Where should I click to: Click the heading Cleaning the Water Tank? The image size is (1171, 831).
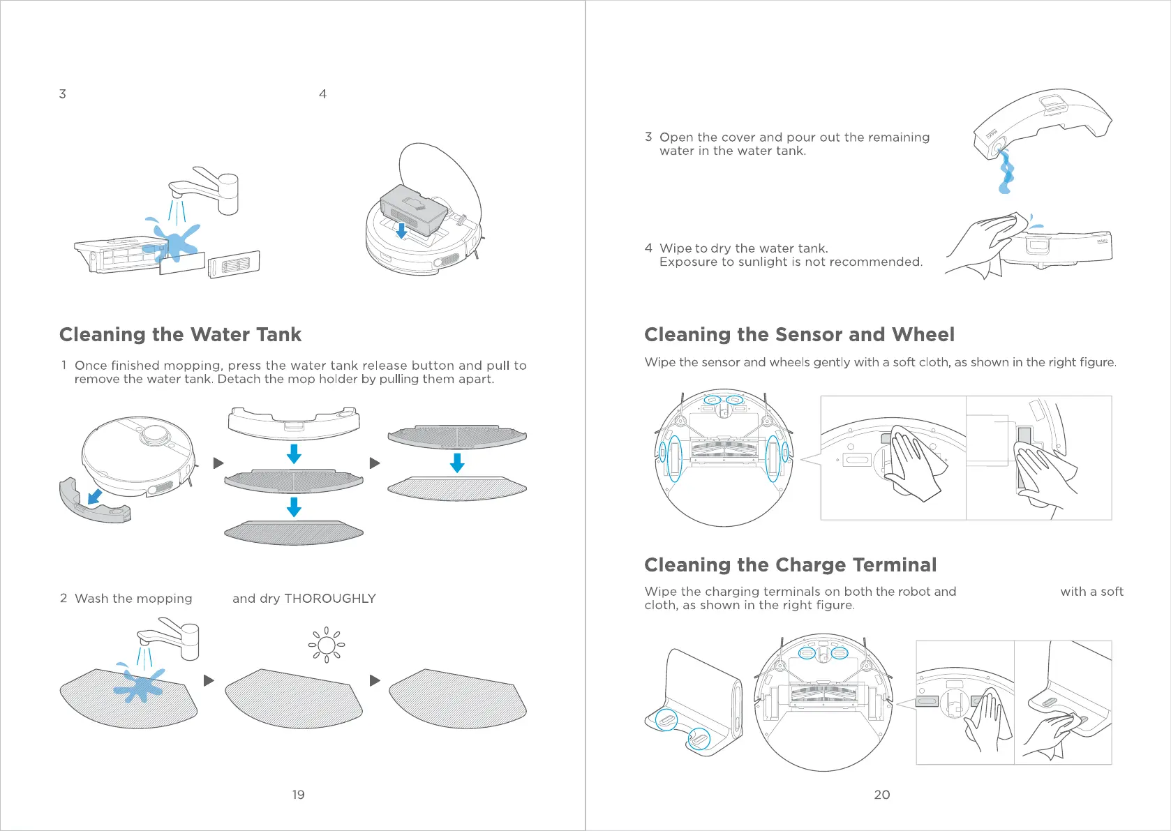[x=180, y=335]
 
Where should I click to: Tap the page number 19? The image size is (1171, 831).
[x=298, y=795]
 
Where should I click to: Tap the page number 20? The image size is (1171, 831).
[x=881, y=795]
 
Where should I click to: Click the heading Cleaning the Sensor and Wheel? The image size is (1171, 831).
[x=799, y=335]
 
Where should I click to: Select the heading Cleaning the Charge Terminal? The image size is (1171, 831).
[x=790, y=565]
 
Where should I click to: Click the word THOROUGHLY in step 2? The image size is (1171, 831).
[x=329, y=599]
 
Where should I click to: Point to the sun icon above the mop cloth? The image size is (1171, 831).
[x=326, y=645]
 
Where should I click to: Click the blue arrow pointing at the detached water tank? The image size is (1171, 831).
[x=94, y=497]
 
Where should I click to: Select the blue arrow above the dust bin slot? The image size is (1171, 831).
[x=401, y=230]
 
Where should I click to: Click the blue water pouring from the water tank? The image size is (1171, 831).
[x=1006, y=174]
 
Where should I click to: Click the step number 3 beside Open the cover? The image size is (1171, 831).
[x=648, y=137]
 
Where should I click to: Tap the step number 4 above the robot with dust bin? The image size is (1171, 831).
[x=322, y=94]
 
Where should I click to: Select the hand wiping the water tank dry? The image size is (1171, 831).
[x=977, y=244]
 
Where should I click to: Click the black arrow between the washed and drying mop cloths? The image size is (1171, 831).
[x=209, y=680]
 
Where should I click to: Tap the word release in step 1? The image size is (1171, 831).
[x=385, y=366]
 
